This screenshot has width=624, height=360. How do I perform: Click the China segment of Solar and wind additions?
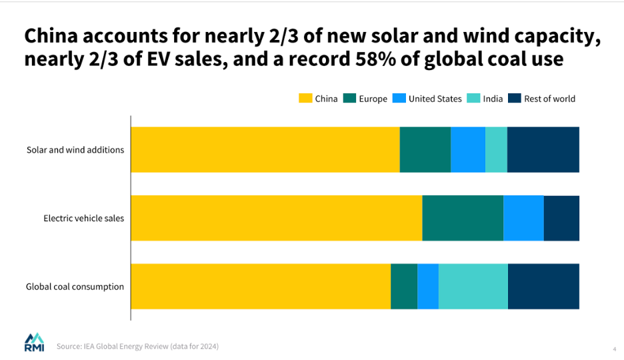click(265, 149)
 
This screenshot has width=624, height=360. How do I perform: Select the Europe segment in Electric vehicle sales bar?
click(463, 218)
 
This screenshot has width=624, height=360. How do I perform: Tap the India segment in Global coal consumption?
click(473, 286)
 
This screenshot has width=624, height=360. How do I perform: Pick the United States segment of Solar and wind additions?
click(468, 149)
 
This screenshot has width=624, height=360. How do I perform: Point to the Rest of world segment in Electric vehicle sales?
click(561, 218)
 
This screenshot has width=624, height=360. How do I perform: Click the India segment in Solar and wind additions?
click(496, 149)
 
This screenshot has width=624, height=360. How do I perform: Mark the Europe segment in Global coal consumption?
click(404, 286)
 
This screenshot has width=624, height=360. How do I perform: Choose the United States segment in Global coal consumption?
click(428, 286)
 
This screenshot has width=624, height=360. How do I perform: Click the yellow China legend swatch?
click(305, 99)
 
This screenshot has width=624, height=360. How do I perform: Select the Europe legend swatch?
click(349, 99)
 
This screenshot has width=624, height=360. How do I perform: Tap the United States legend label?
click(435, 99)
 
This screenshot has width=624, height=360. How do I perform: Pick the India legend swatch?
click(473, 99)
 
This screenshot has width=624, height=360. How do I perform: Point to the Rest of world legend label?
click(549, 99)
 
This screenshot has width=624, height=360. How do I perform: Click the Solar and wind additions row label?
click(75, 150)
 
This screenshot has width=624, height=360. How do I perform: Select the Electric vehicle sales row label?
click(84, 218)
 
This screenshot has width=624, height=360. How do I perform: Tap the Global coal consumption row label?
click(75, 287)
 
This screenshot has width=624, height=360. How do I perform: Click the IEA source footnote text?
click(137, 346)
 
